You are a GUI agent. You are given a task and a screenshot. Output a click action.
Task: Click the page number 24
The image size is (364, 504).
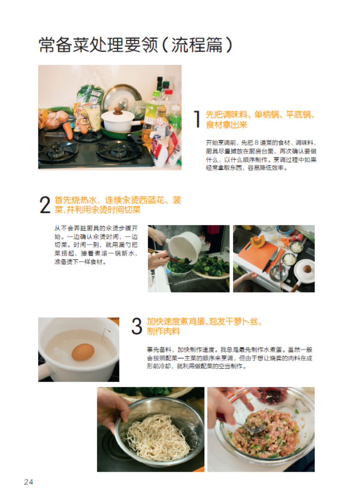(x=29, y=482)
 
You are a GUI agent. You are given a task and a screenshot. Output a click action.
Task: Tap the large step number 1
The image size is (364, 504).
(x=197, y=119)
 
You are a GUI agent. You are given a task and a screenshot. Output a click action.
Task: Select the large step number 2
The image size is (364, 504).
(x=45, y=205)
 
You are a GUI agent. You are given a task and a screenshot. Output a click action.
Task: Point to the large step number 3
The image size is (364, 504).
(x=137, y=326)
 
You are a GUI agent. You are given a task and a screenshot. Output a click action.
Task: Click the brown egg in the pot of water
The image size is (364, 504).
(x=83, y=352)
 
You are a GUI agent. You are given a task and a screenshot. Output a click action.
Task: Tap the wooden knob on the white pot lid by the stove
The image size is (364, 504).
(x=118, y=111)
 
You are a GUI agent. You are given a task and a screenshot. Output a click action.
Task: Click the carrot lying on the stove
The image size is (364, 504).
(x=68, y=130)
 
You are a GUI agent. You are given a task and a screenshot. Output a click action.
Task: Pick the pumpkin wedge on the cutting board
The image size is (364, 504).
(x=259, y=242)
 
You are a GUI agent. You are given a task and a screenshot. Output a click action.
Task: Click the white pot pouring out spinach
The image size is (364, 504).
(x=185, y=245)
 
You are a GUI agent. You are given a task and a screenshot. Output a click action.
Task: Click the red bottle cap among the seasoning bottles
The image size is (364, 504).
(x=168, y=92)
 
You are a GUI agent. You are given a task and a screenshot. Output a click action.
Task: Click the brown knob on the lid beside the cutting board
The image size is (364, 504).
(x=307, y=269)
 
